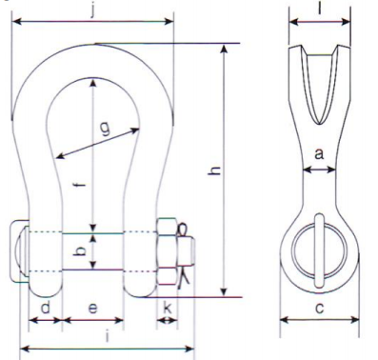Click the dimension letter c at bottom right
[319, 308]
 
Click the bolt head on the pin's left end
[19, 251]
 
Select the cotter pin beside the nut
[187, 253]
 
